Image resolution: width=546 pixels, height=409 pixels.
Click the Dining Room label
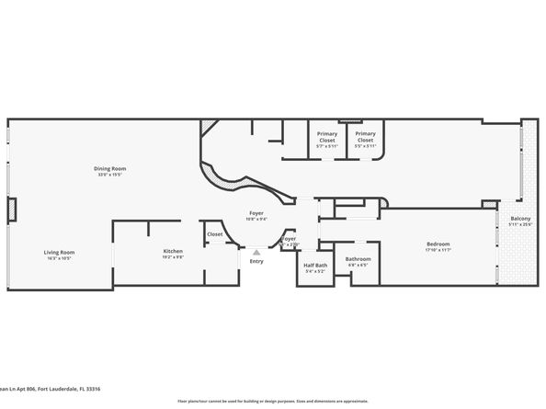(x=109, y=168)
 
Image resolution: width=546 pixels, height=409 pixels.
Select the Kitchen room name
(x=173, y=251)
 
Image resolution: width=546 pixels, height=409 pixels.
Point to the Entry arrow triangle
(x=256, y=251)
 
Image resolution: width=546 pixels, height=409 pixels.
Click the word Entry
(x=256, y=262)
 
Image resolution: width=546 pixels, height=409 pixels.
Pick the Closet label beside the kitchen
(x=214, y=234)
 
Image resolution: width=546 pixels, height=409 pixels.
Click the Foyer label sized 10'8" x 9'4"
(x=256, y=212)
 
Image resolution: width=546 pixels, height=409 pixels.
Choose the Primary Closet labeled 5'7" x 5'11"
(x=327, y=134)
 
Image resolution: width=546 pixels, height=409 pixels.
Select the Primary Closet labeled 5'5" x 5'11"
(x=365, y=134)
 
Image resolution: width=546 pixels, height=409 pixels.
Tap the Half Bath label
(x=314, y=265)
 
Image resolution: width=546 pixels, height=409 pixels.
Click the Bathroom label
(x=358, y=258)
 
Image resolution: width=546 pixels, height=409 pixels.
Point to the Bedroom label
(x=438, y=244)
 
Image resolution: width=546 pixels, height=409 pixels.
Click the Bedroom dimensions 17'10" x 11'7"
(x=438, y=249)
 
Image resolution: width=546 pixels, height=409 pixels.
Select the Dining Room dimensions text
(x=109, y=174)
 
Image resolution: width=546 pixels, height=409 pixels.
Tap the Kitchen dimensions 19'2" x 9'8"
(x=173, y=256)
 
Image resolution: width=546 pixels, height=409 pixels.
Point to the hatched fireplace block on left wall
(x=12, y=210)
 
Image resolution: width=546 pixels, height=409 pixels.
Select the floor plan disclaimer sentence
(x=273, y=402)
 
